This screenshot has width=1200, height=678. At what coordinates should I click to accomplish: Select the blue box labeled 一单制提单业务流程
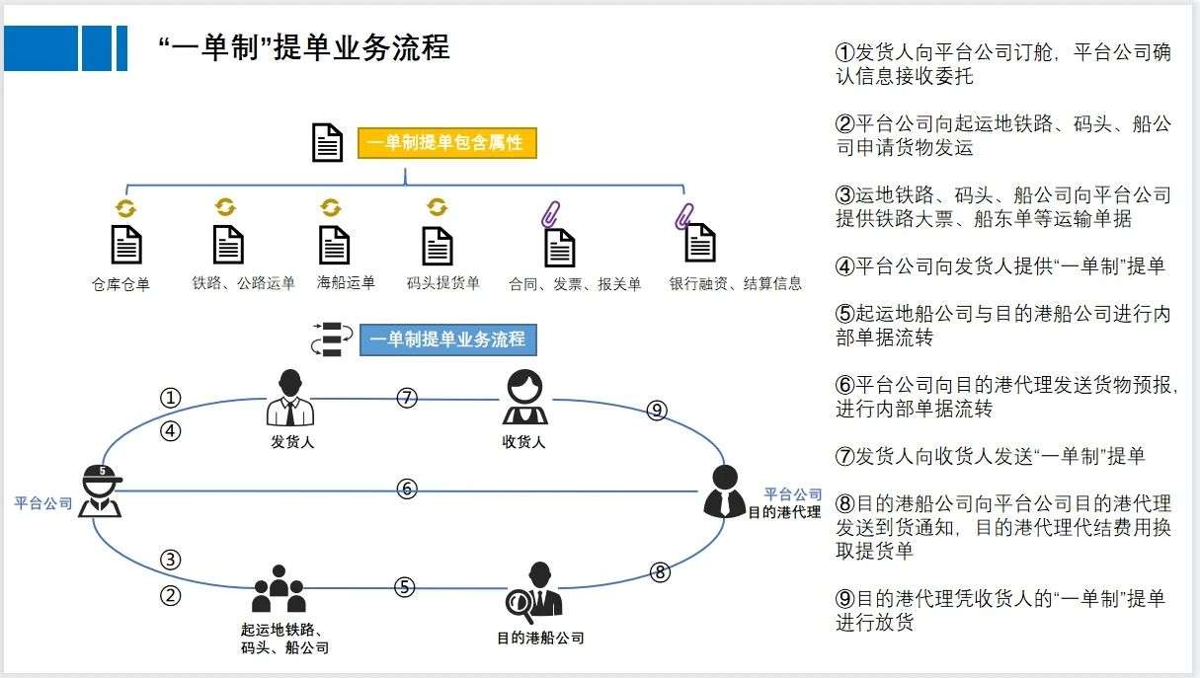[447, 340]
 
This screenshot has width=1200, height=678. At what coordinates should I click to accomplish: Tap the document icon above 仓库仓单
[125, 245]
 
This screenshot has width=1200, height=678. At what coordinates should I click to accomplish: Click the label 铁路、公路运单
[244, 284]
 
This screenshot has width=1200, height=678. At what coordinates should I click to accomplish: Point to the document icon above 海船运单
[334, 245]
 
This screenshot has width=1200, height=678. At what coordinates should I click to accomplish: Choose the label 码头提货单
[442, 284]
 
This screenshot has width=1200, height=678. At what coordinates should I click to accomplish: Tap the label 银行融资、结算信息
[735, 284]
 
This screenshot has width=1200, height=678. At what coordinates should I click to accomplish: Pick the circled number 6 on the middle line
[406, 489]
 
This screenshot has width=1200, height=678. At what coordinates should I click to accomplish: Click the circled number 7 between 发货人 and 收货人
[406, 398]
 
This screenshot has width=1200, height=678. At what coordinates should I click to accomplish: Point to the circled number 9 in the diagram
[657, 411]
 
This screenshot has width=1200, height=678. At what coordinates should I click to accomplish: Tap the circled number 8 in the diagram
[661, 571]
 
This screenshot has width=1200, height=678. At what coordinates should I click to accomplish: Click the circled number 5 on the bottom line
[404, 587]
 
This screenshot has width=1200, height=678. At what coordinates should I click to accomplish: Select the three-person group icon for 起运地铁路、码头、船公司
[280, 589]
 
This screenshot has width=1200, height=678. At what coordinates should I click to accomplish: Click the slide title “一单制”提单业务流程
[304, 47]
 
